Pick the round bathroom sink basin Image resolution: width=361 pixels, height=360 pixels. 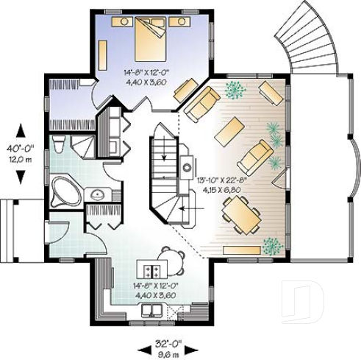(96, 195)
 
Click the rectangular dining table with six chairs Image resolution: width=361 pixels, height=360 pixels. (240, 215)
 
